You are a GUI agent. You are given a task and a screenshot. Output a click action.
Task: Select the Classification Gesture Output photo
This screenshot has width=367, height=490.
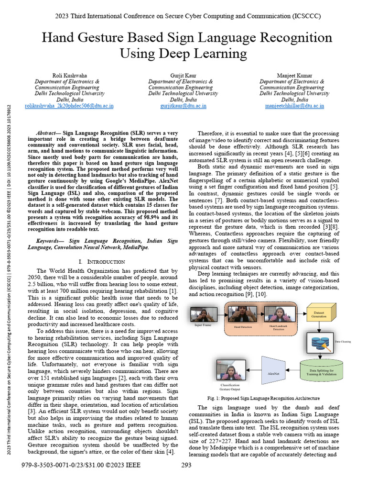click(x=230, y=370)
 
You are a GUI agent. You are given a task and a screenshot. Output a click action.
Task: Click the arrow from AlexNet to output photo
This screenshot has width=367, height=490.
click(x=254, y=370)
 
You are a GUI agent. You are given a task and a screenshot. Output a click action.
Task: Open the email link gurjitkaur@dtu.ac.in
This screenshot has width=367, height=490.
click(x=183, y=106)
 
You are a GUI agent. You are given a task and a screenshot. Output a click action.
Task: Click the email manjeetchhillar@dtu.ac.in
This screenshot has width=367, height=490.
click(x=294, y=106)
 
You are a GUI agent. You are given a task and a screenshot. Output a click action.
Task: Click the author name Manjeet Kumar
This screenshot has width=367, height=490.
click(x=294, y=76)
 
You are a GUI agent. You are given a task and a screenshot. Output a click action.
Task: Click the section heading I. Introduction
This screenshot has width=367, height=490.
click(x=101, y=262)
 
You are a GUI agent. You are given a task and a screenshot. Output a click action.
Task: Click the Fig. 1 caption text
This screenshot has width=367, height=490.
click(x=263, y=398)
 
